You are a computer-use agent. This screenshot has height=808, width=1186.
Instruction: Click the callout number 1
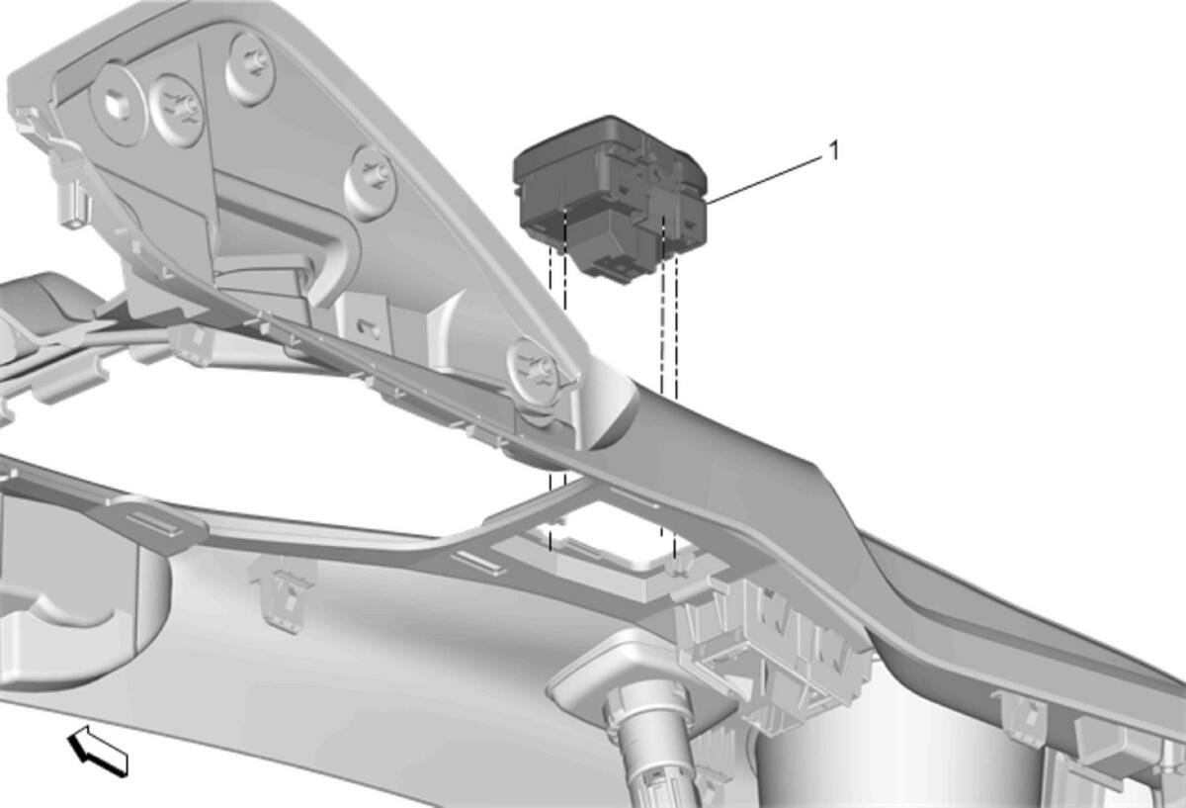[x=834, y=150]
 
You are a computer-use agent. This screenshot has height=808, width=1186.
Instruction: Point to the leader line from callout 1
[x=765, y=180]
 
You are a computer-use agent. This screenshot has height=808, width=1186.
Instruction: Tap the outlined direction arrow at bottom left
[x=97, y=751]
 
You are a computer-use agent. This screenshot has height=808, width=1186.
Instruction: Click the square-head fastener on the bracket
[x=118, y=105]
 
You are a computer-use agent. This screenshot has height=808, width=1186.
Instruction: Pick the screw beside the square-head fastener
[x=176, y=110]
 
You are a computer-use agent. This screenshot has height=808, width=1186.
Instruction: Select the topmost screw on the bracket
[x=250, y=68]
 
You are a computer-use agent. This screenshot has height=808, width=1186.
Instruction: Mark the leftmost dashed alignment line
[x=551, y=398]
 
